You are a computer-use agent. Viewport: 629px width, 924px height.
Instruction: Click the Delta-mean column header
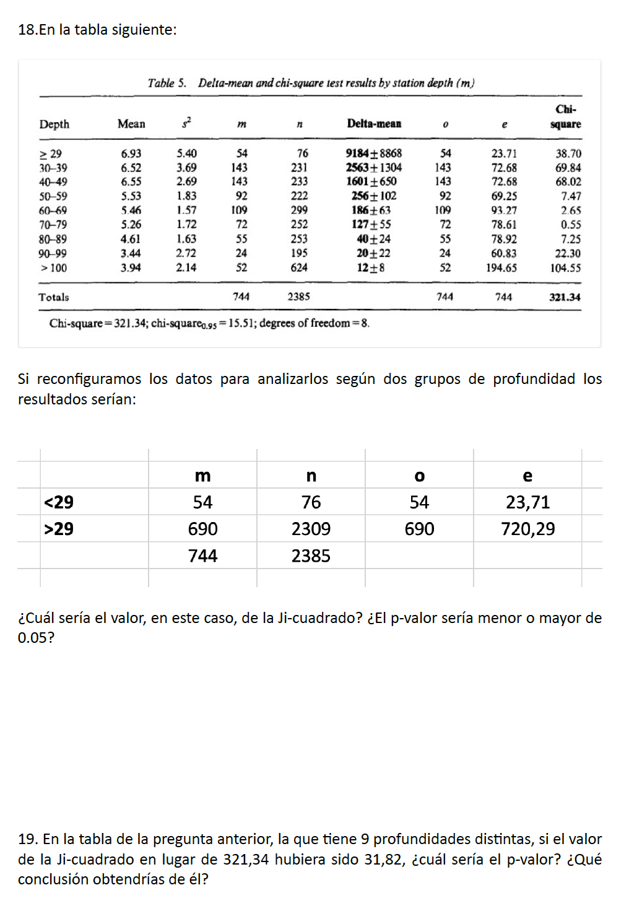374,124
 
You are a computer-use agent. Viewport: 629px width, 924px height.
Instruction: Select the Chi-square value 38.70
568,154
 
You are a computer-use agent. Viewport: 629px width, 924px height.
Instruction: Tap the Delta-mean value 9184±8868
373,153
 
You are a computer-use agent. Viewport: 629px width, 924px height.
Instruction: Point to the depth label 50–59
53,196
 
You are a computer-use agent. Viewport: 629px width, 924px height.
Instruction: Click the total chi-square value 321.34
565,297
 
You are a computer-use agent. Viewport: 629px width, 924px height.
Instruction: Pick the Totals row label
54,297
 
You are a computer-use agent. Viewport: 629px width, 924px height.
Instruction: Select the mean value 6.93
131,154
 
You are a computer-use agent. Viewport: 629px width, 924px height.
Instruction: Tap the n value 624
299,268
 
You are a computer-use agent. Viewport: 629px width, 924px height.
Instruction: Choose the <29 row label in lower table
59,502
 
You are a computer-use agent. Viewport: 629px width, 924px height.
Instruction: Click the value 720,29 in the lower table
527,529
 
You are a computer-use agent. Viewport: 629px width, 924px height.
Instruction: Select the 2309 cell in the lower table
311,529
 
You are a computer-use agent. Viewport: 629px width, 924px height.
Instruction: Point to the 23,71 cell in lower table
527,502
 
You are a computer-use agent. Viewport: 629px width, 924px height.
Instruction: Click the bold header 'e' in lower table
527,476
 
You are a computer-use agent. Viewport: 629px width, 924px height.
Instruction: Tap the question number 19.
27,839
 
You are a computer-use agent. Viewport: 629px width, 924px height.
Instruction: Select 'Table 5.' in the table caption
167,83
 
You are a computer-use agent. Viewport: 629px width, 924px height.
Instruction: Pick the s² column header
186,123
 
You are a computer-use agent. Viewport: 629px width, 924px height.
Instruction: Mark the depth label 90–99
53,253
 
